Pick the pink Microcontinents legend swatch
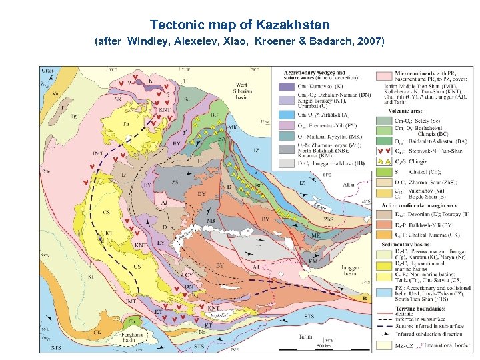[x=383, y=75]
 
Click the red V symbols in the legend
[x=383, y=151]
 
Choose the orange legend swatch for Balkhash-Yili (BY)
[x=383, y=223]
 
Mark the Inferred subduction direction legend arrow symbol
[x=383, y=327]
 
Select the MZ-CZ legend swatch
[x=383, y=345]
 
